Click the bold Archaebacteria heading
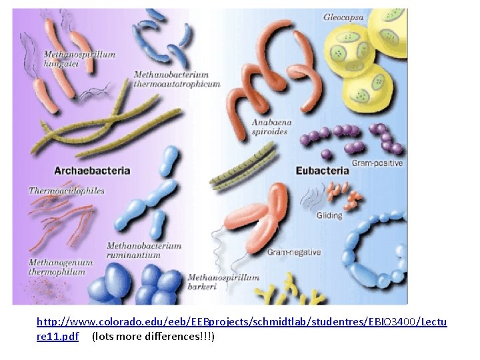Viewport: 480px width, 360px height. (92, 171)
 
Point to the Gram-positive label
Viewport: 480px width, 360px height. (377, 163)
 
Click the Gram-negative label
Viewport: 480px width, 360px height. (293, 252)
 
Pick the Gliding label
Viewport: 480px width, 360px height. (329, 215)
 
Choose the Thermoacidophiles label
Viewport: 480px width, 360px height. (67, 191)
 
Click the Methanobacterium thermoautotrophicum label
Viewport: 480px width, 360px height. (177, 79)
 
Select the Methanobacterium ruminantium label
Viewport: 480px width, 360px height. (144, 250)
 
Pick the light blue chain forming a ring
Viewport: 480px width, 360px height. (373, 247)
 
